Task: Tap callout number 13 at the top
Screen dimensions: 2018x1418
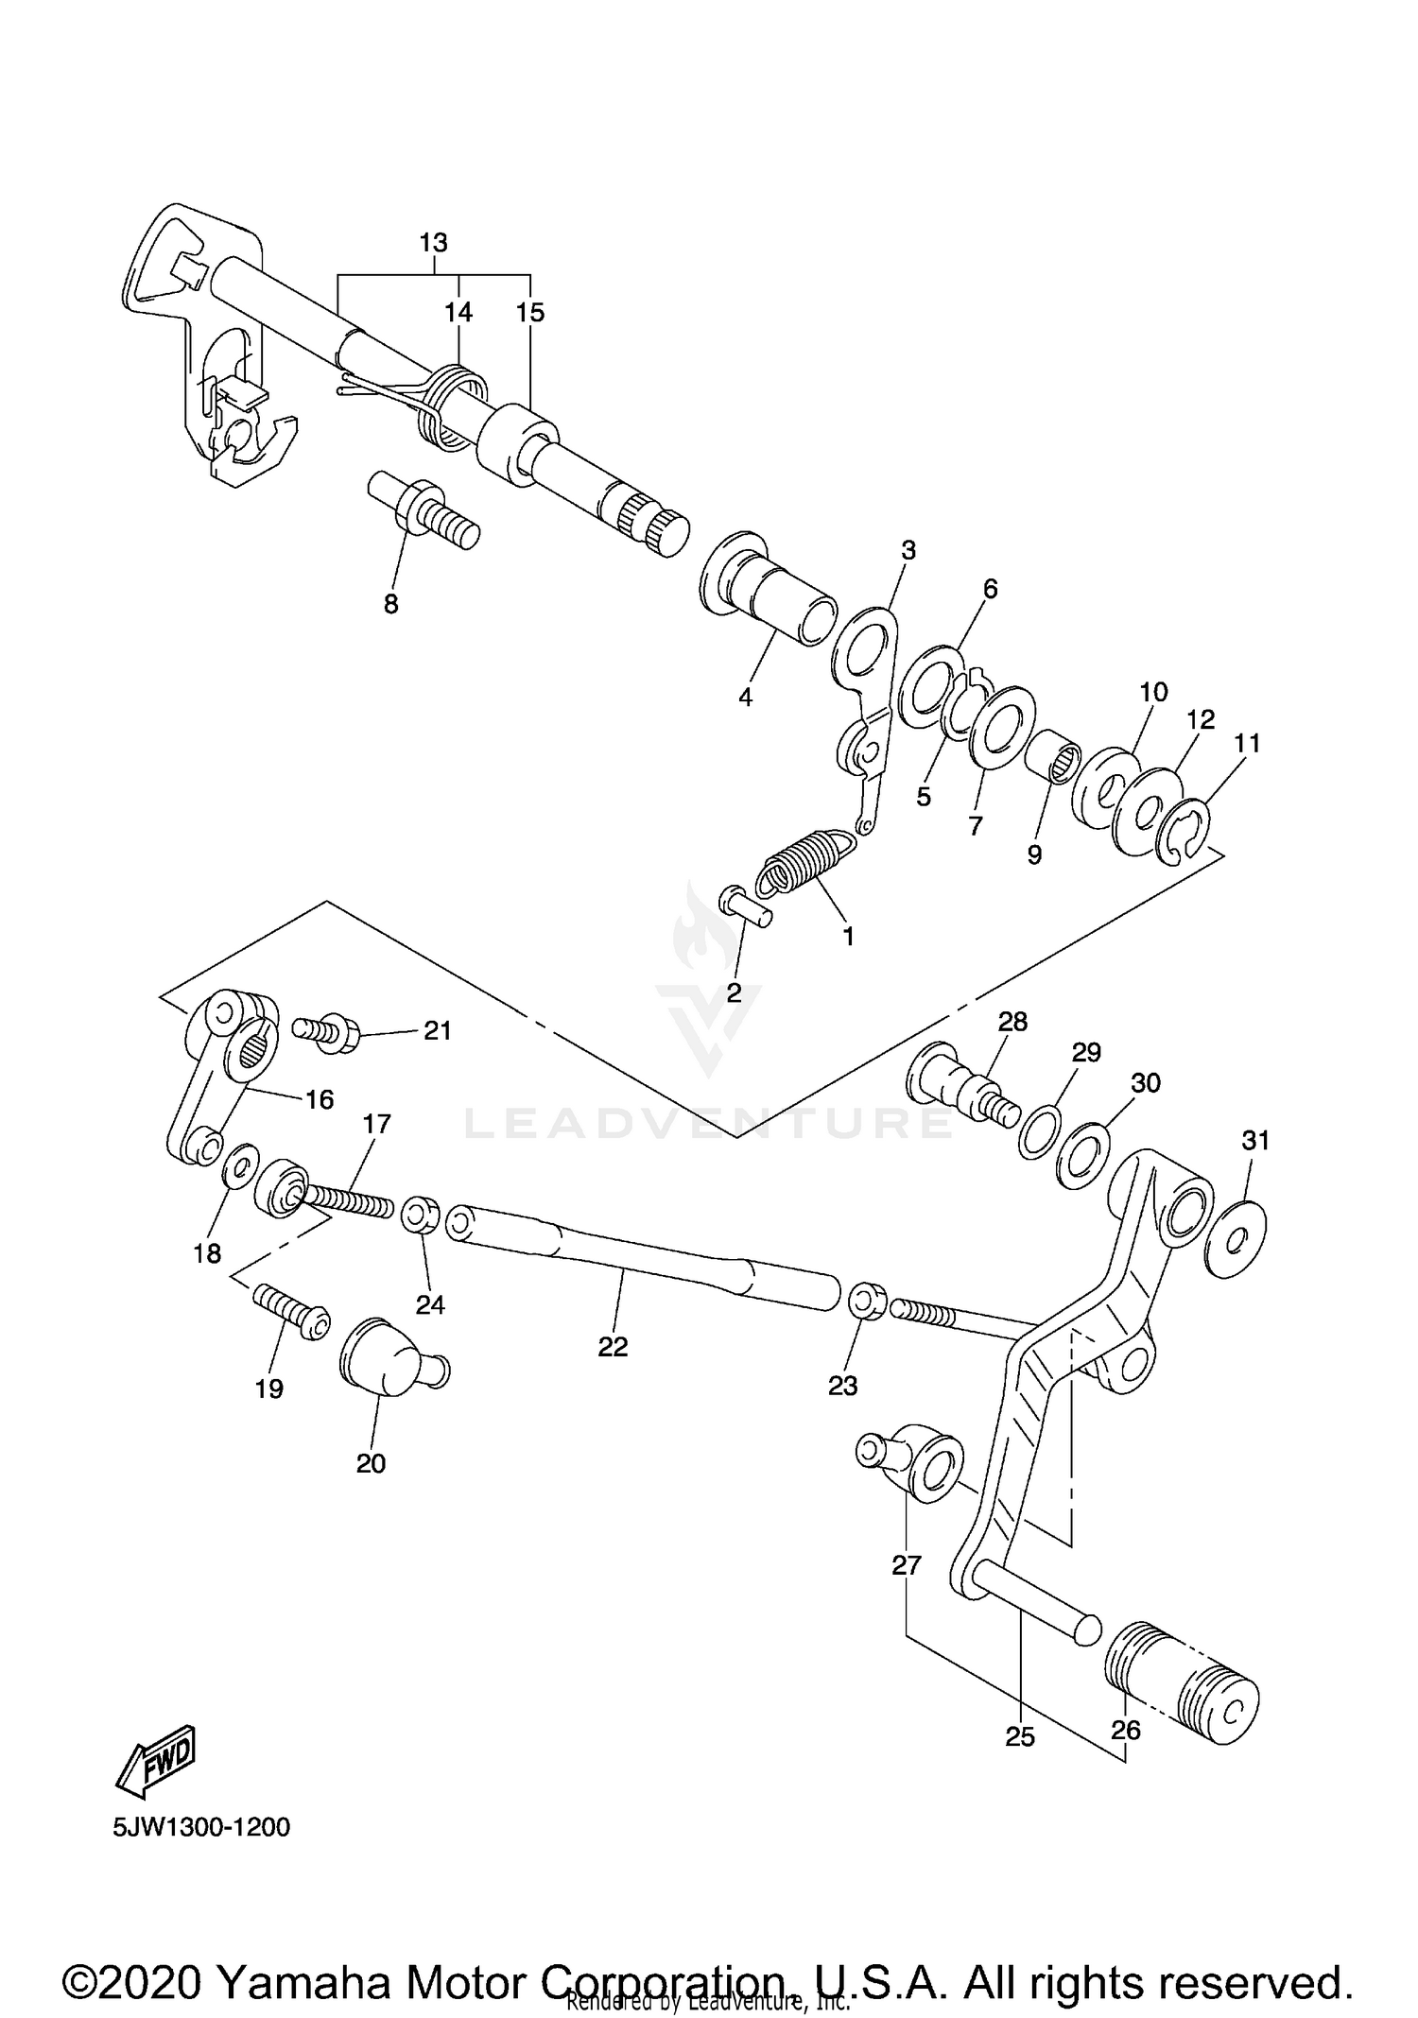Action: (433, 243)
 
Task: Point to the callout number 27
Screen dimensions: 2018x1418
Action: (906, 1564)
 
